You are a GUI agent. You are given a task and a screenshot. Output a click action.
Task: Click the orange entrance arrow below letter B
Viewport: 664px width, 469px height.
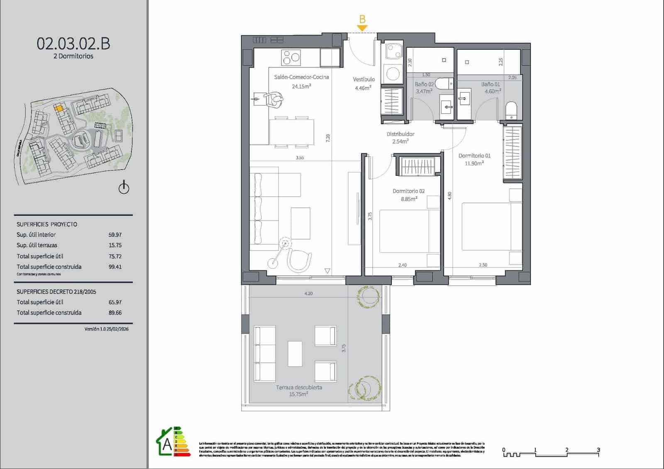(x=362, y=28)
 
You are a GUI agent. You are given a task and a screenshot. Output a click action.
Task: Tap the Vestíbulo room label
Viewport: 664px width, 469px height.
(x=364, y=79)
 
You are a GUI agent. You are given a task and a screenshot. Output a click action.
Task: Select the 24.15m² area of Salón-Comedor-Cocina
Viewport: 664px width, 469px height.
(x=301, y=86)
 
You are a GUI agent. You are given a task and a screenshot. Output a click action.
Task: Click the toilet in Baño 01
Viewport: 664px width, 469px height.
(x=511, y=110)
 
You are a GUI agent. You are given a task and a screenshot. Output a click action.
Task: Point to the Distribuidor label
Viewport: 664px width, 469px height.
(x=400, y=134)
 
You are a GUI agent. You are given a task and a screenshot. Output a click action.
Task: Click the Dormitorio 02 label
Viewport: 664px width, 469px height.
(x=408, y=191)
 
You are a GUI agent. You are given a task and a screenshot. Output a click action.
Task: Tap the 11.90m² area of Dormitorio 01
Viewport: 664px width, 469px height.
(x=474, y=163)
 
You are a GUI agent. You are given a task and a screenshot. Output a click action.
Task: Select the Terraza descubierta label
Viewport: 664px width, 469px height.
(x=299, y=387)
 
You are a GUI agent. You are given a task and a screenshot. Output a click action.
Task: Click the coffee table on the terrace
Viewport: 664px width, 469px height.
(x=295, y=353)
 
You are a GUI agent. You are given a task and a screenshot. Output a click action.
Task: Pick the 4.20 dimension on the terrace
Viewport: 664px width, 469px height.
(x=308, y=294)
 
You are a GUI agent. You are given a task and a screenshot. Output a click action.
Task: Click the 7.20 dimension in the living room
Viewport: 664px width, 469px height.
(x=328, y=138)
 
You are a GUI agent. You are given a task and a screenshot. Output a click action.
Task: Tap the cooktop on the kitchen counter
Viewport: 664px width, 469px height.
(x=291, y=57)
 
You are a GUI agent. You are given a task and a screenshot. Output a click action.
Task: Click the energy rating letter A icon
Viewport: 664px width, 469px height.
(x=167, y=444)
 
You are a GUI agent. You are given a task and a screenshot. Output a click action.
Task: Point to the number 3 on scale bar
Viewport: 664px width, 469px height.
(x=598, y=450)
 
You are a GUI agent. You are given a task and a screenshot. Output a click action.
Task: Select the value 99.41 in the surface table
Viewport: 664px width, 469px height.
(x=115, y=267)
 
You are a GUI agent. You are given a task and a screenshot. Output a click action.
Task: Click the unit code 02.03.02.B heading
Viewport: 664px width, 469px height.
(x=73, y=44)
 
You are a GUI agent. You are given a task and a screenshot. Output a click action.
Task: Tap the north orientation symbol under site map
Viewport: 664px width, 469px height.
(x=124, y=187)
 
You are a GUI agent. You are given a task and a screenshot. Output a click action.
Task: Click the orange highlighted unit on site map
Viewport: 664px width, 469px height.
(x=59, y=108)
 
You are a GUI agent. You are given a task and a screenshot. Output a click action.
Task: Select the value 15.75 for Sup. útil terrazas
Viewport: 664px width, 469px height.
(x=115, y=245)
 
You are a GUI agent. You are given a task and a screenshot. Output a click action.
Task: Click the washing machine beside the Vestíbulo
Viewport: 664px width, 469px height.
(x=392, y=74)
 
